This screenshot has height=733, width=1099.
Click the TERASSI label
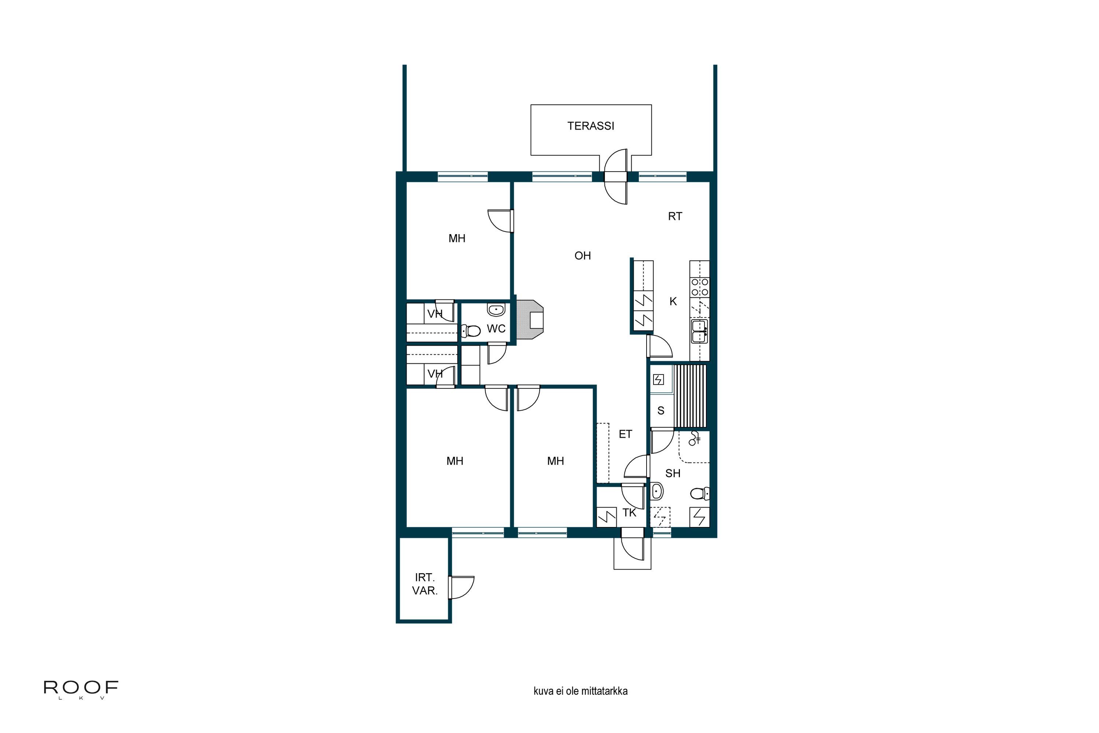(x=591, y=126)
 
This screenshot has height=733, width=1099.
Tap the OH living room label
(x=582, y=256)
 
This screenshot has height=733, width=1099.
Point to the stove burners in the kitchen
(x=699, y=287)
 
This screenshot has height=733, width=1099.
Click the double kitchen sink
(x=699, y=331)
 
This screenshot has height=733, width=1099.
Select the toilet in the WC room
(x=471, y=331)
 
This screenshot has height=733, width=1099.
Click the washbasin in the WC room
(x=496, y=309)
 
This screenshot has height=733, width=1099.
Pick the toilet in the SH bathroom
(x=699, y=493)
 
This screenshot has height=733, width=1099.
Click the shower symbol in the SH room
(x=694, y=438)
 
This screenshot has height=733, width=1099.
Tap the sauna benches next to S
(x=690, y=396)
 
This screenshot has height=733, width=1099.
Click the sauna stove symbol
(x=658, y=379)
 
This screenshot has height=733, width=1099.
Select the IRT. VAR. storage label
(x=424, y=584)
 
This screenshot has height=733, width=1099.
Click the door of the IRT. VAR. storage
(x=462, y=587)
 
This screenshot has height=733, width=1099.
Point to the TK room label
(x=629, y=513)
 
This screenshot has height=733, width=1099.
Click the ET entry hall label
(x=625, y=434)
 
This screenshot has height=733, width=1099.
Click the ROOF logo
(x=81, y=688)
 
